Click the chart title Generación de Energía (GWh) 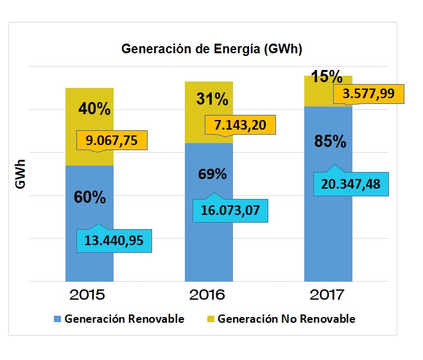click(x=211, y=50)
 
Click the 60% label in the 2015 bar click(x=90, y=197)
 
